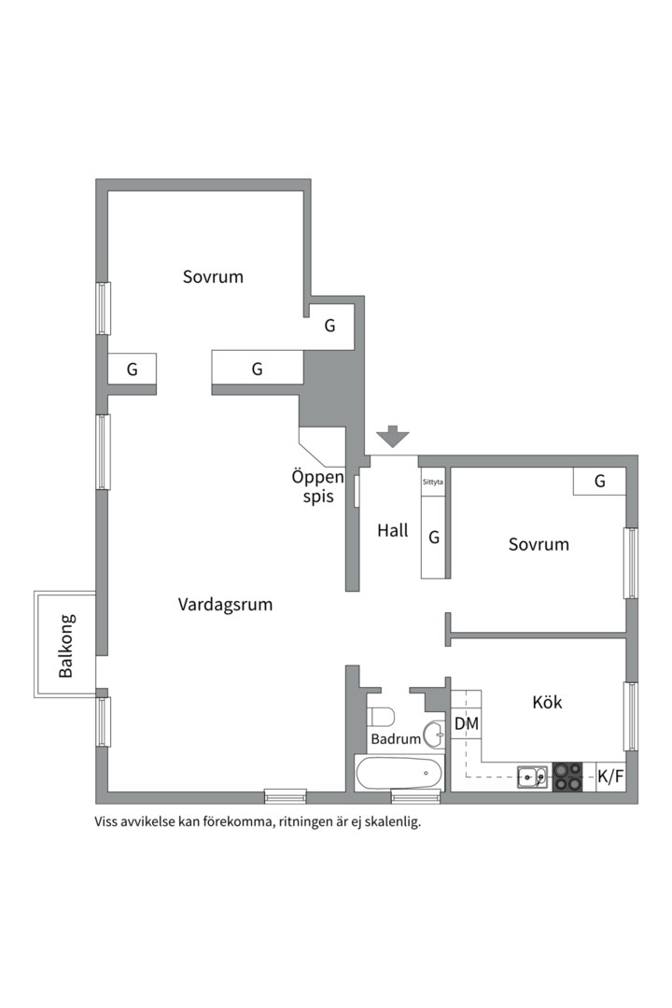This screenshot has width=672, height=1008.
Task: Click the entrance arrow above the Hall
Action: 392,437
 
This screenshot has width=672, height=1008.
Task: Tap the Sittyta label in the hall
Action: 433,482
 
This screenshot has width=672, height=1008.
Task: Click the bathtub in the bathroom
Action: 399,774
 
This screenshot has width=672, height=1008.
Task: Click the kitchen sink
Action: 533,777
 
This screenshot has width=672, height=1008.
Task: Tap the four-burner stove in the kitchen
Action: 567,777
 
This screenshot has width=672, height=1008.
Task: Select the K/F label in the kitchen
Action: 610,777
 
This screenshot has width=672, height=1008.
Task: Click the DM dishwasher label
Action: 467,724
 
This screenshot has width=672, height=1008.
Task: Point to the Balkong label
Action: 65,646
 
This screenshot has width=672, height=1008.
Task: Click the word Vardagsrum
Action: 225,605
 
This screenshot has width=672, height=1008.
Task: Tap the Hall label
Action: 392,530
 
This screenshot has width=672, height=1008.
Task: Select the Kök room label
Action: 547,701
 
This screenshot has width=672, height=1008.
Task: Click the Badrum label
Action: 396,739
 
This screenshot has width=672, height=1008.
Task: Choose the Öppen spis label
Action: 318,486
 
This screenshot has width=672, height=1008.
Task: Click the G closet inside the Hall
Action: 434,537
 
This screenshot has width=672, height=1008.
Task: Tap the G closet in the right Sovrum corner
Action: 599,482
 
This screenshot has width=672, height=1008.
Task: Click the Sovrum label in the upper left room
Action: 213,277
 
